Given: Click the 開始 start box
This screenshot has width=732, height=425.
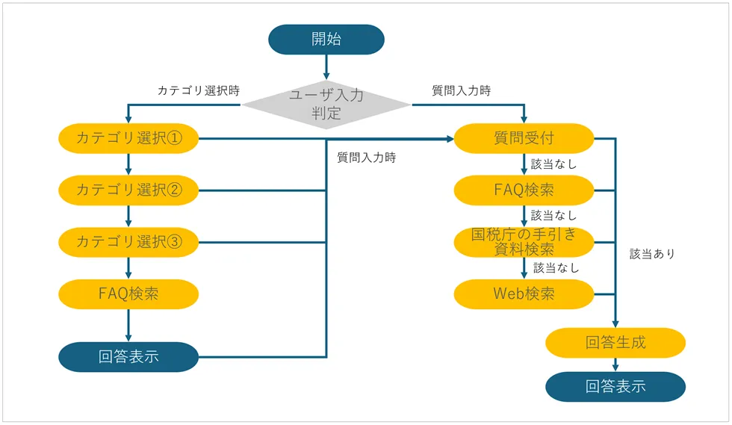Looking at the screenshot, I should [326, 40].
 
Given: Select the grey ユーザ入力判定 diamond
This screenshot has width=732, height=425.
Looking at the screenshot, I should [326, 105].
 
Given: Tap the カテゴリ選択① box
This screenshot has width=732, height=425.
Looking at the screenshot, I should [128, 138].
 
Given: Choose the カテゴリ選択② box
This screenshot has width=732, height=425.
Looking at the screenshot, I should [128, 190].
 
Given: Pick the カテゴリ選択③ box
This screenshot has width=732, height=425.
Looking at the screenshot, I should [128, 242].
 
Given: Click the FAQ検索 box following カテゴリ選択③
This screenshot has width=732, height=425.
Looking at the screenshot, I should [128, 294].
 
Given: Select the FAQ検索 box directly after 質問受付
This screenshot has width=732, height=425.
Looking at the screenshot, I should [524, 190].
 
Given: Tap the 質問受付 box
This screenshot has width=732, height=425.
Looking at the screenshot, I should [524, 138].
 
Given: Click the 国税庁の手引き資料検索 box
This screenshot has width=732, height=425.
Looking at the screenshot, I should [524, 242].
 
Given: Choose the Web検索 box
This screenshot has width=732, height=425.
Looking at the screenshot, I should [524, 294].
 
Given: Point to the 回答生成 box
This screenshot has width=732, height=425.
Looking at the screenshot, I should [615, 343].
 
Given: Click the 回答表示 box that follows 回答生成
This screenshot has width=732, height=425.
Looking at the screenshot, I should [615, 387].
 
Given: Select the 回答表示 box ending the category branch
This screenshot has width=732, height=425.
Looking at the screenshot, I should [128, 357].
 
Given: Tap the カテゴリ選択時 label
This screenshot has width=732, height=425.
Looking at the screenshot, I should [198, 90].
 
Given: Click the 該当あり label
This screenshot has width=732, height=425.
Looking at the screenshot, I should [652, 254].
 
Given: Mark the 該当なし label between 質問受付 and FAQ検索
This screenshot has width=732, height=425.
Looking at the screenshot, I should [553, 164].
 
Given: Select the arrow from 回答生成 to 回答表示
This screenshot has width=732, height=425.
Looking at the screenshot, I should [615, 364].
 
